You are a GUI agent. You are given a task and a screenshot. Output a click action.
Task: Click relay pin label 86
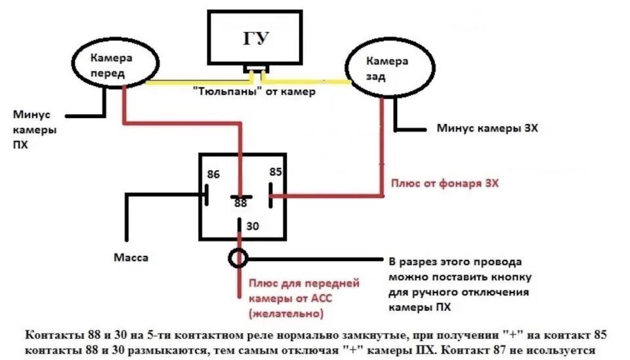pos(213,175)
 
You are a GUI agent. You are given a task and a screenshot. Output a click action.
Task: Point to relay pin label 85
pos(275,172)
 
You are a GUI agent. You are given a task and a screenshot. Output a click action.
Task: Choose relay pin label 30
pos(253,226)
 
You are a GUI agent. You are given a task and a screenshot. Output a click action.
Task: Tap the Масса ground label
pos(131,258)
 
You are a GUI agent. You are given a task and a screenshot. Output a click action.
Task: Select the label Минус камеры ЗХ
pos(487,129)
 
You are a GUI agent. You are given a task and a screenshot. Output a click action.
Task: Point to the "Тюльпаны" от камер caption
pos(254,92)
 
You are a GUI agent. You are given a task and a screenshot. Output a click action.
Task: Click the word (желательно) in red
pos(286,314)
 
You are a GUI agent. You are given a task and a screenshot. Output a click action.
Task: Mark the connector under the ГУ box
pos(255,68)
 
